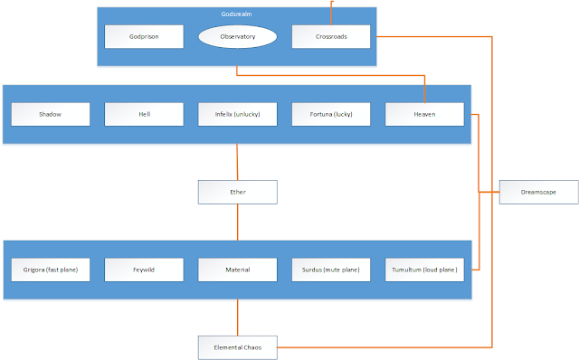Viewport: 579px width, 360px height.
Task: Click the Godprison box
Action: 144,36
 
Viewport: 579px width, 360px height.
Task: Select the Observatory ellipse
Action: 237,36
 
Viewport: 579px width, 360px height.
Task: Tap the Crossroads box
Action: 331,36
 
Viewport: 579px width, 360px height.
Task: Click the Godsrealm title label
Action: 237,14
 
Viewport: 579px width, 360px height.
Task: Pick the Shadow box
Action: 51,115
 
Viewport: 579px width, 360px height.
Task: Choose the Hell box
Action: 144,115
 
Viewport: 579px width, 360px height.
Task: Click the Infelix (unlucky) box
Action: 237,115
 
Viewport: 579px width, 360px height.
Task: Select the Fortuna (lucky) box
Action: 331,115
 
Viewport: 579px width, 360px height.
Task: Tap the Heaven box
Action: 424,115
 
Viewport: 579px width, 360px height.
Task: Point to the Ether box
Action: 237,192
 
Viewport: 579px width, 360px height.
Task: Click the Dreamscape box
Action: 539,192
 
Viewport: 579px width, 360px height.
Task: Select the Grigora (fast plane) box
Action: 51,270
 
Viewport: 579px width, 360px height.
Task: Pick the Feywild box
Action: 144,270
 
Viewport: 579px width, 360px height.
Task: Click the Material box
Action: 237,270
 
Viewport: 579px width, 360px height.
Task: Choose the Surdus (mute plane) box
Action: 331,270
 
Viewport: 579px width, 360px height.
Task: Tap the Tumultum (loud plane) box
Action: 424,270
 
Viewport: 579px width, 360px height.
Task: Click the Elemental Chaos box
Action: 237,347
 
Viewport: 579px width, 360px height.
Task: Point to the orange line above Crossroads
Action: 331,13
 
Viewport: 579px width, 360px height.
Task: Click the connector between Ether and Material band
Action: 237,223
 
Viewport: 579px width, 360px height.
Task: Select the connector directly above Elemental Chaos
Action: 237,317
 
